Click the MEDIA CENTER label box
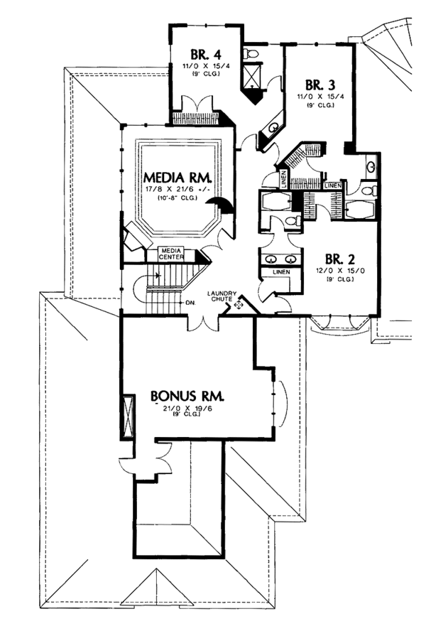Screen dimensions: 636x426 pyautogui.click(x=170, y=254)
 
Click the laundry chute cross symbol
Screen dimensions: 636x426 pyautogui.click(x=239, y=304)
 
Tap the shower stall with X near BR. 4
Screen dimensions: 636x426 pyautogui.click(x=251, y=78)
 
